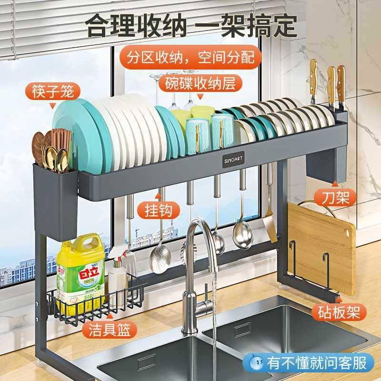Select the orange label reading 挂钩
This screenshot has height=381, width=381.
click(154, 210)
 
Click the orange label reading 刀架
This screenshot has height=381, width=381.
click(335, 197)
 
